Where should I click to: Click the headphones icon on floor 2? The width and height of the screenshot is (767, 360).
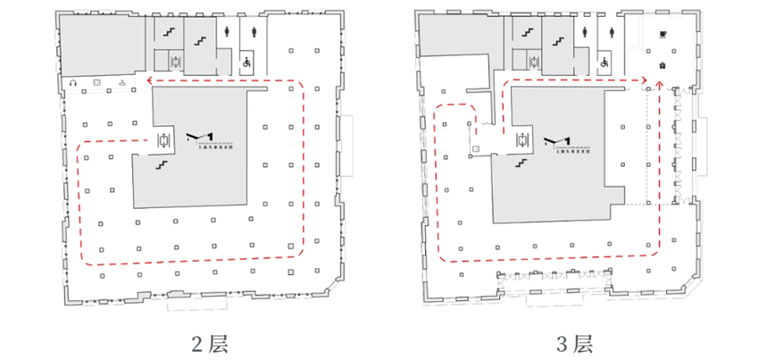coord(73,84)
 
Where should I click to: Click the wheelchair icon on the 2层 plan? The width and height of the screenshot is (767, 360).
coord(246,63)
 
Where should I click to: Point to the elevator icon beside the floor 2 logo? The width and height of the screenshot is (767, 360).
coord(163,139)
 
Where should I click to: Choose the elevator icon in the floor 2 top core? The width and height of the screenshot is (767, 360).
coord(177,61)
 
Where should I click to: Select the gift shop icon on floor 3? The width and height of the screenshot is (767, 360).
coord(662,65)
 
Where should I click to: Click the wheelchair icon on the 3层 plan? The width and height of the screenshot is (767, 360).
coord(604,63)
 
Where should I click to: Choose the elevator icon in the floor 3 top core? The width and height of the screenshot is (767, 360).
coord(534,62)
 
